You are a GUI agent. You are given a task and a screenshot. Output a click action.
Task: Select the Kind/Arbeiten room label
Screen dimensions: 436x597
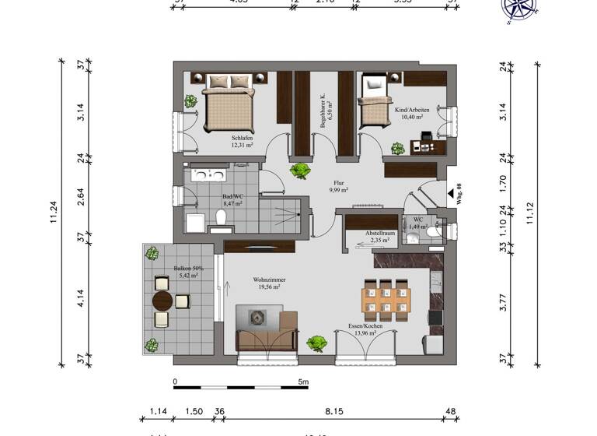[412, 111]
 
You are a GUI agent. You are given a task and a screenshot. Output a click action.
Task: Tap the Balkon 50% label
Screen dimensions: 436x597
[164, 272]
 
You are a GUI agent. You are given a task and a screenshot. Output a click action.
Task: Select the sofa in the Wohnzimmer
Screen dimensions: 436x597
[266, 327]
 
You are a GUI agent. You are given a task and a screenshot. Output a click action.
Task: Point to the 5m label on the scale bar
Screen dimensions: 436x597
[303, 382]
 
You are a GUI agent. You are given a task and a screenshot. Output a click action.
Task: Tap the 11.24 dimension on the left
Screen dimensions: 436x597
[54, 211]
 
